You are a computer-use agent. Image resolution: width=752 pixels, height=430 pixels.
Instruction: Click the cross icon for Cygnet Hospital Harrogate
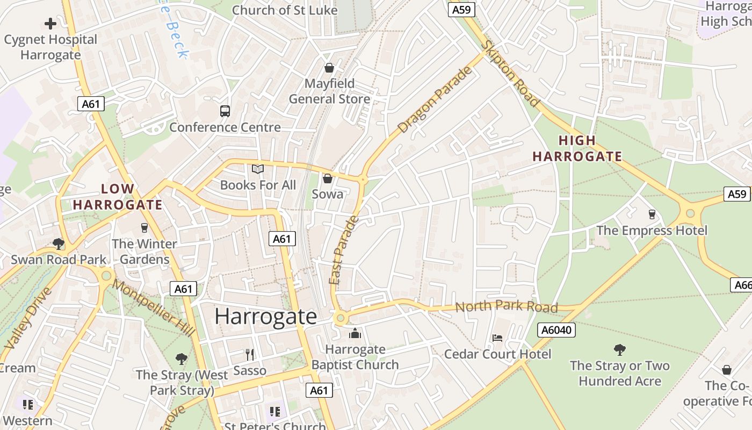point(50,24)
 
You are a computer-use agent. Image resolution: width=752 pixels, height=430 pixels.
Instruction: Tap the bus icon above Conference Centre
point(225,111)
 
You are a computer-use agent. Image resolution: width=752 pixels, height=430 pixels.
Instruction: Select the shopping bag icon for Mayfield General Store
point(329,68)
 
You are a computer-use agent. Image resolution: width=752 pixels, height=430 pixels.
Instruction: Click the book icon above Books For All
point(258,169)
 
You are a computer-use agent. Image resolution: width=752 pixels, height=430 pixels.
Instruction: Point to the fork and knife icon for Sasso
point(250,355)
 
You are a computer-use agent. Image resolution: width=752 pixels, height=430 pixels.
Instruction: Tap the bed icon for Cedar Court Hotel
point(497,338)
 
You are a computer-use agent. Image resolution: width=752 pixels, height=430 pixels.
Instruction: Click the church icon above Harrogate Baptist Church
point(355,334)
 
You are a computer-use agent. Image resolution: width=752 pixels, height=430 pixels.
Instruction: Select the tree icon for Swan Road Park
point(59,244)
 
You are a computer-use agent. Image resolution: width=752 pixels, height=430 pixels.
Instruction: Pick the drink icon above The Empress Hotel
point(652,214)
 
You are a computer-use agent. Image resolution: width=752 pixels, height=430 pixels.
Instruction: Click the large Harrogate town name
point(266,316)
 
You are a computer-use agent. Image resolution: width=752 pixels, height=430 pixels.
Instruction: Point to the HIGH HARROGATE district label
point(577,149)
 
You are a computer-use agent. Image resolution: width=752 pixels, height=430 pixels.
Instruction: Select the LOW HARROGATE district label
point(118,197)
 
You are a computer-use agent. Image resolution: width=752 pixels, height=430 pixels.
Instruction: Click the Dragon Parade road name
point(435,100)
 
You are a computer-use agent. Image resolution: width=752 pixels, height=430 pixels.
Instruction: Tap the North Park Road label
point(507,306)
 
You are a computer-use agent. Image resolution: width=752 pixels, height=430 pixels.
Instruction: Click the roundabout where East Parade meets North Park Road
point(339,319)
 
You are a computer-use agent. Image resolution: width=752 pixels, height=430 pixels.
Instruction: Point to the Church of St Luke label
point(285,10)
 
